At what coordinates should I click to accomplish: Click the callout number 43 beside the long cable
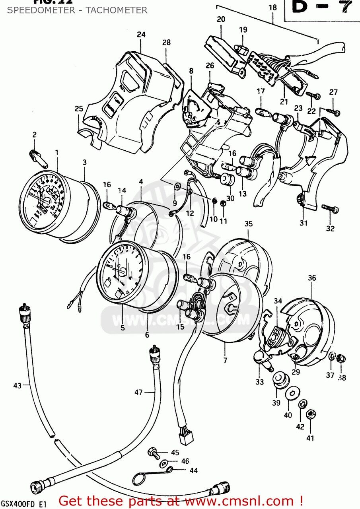tap(17, 385)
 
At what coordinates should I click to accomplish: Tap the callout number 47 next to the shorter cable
tap(138, 392)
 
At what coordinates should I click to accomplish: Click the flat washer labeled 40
tap(293, 392)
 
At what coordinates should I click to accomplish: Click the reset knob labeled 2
tap(38, 158)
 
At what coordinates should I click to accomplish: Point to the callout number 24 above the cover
tap(141, 35)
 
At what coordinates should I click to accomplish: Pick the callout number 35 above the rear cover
tap(249, 224)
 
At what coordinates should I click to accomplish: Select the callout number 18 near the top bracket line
tap(272, 7)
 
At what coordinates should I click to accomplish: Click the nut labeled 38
tap(340, 359)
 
